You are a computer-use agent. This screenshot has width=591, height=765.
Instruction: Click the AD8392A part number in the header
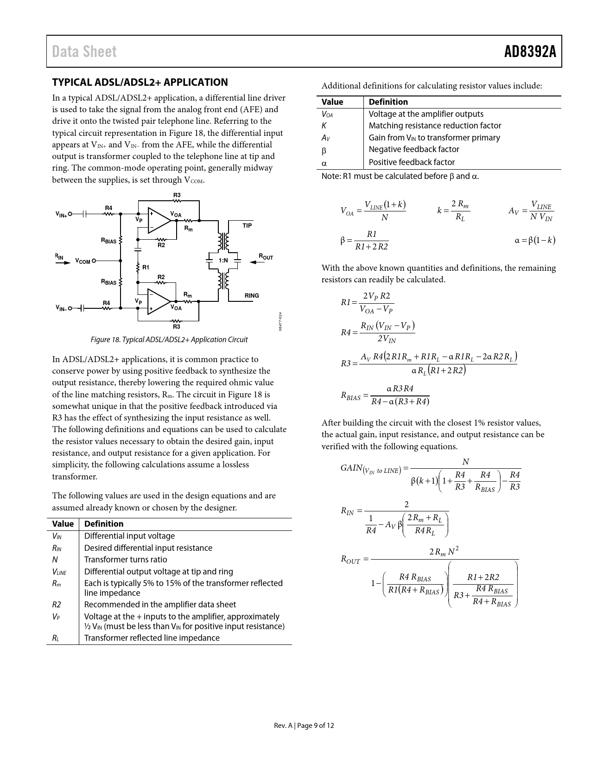tap(530, 51)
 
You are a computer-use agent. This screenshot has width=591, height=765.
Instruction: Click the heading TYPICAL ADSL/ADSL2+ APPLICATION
tap(140, 83)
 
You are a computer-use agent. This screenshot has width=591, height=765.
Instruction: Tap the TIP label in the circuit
tap(247, 225)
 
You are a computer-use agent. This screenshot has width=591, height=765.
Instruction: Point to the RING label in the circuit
tap(252, 295)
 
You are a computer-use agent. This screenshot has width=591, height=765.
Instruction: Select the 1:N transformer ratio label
tap(223, 260)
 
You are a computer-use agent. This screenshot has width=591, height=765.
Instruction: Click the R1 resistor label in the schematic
tap(146, 267)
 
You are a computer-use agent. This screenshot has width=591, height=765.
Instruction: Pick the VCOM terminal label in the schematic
tap(83, 261)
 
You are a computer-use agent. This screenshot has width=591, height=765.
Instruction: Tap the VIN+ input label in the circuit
tap(61, 215)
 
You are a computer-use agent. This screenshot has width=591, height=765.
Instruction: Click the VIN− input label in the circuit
tap(61, 308)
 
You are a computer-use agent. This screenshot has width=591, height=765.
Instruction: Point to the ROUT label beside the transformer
tap(266, 256)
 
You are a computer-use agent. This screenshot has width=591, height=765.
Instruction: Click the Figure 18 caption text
tap(169, 340)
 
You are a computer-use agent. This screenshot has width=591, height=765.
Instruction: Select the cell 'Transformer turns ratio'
tap(126, 560)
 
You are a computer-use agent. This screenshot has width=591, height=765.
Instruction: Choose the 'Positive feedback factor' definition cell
tap(412, 162)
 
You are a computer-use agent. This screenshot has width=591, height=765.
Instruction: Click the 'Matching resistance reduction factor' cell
tap(435, 126)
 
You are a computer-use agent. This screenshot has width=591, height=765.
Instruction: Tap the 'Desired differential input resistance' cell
tap(148, 548)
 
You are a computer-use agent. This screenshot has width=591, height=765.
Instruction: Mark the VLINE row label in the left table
tap(59, 572)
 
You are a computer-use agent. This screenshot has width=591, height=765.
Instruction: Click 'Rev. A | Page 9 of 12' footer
tap(304, 726)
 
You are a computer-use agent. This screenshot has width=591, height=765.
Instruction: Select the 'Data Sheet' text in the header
tap(84, 51)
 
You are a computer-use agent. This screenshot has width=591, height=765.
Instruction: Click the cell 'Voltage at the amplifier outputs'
tap(426, 114)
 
